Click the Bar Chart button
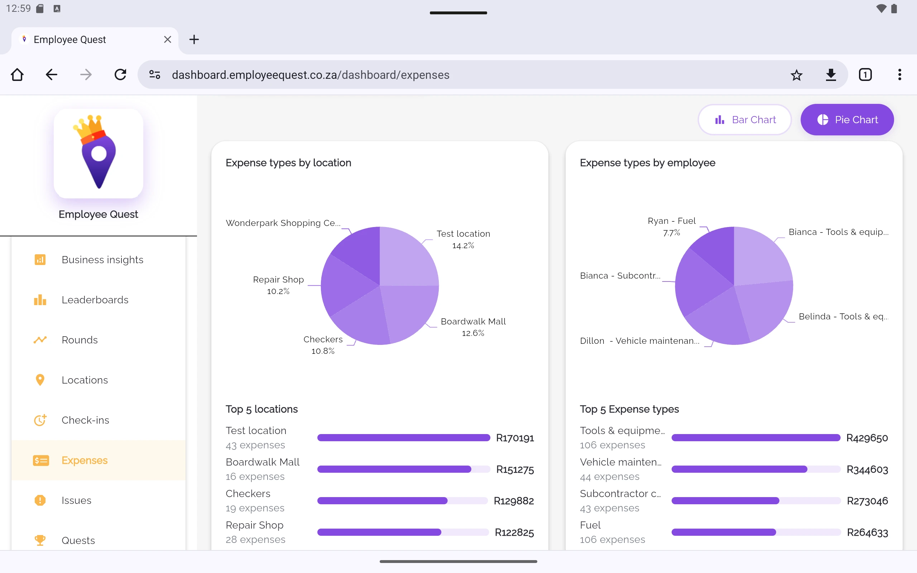(745, 120)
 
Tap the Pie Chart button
(847, 120)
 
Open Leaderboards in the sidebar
(95, 300)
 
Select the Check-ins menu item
(85, 420)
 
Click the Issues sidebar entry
(76, 500)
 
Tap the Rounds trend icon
(40, 340)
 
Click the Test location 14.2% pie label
(463, 239)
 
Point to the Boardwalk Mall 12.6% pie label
(473, 327)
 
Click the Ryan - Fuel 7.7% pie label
(672, 226)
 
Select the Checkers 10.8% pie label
(323, 345)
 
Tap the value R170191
(515, 438)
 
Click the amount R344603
(867, 470)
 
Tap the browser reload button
(120, 74)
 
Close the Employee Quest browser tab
(168, 39)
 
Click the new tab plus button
(194, 39)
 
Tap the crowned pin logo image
(99, 153)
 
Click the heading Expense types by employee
(647, 163)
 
